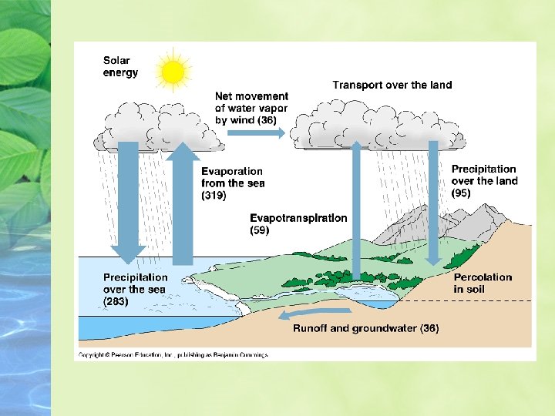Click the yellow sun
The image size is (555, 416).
(173, 72)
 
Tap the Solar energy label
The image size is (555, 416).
(120, 66)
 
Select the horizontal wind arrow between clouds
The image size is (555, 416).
(256, 133)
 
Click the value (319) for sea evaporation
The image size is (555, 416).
(214, 195)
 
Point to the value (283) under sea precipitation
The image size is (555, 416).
(116, 301)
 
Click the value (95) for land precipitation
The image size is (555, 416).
(461, 193)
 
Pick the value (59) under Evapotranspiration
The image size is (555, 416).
(260, 230)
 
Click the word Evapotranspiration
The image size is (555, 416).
(298, 218)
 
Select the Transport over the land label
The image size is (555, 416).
(392, 85)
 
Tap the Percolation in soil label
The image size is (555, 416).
(483, 283)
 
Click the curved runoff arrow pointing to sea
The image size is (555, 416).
(314, 313)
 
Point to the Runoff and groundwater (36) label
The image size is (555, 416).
(366, 328)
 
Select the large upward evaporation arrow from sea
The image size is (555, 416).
(183, 203)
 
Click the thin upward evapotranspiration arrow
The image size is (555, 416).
(356, 210)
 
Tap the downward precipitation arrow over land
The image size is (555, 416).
(433, 203)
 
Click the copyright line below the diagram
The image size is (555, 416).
(173, 355)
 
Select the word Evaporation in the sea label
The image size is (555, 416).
(232, 171)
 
